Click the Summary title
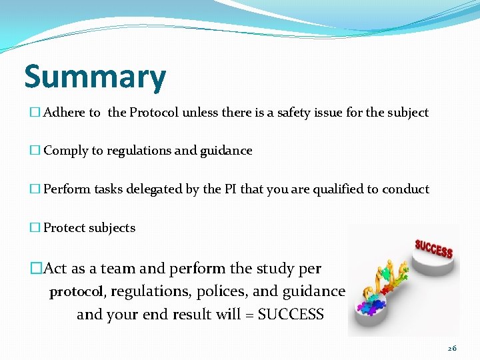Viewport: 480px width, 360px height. (x=95, y=77)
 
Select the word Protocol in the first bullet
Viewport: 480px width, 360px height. (x=154, y=113)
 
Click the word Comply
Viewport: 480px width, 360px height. (x=66, y=151)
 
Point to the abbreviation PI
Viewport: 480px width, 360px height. (x=230, y=189)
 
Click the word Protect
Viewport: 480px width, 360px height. (x=64, y=228)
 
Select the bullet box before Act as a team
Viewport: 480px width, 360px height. (x=35, y=269)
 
